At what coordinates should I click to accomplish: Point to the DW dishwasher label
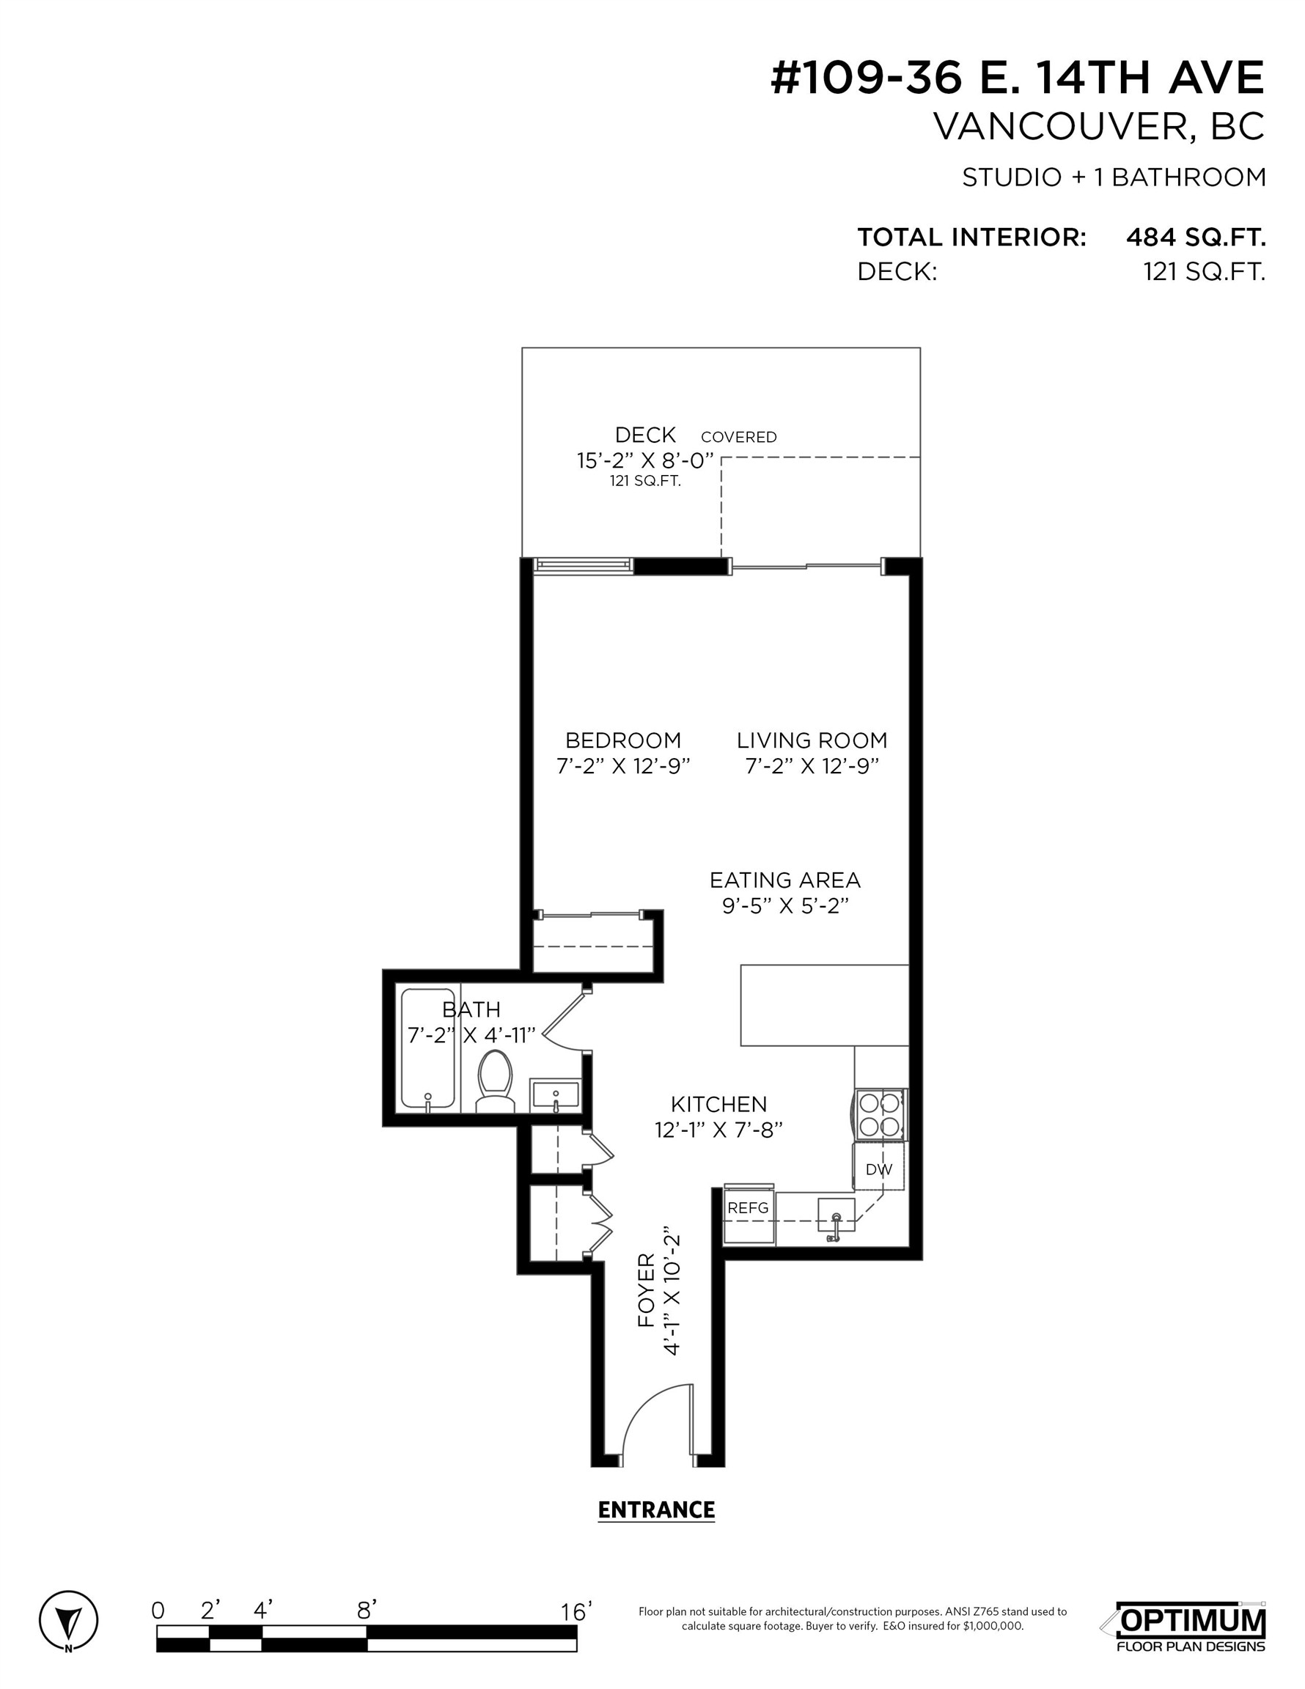pyautogui.click(x=878, y=1169)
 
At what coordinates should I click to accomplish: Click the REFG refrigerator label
pyautogui.click(x=748, y=1208)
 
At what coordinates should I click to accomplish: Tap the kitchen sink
pyautogui.click(x=837, y=1215)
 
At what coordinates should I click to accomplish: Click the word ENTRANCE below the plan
pyautogui.click(x=656, y=1509)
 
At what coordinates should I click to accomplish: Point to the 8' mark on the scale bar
pyautogui.click(x=367, y=1611)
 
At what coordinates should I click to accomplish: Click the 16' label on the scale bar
pyautogui.click(x=576, y=1612)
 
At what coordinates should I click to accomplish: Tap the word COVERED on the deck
pyautogui.click(x=738, y=437)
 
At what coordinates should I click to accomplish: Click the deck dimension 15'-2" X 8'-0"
pyautogui.click(x=644, y=461)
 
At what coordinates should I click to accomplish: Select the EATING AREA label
pyautogui.click(x=784, y=880)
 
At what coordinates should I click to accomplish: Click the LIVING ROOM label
pyautogui.click(x=812, y=740)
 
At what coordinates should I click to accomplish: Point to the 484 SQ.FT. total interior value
pyautogui.click(x=1195, y=237)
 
